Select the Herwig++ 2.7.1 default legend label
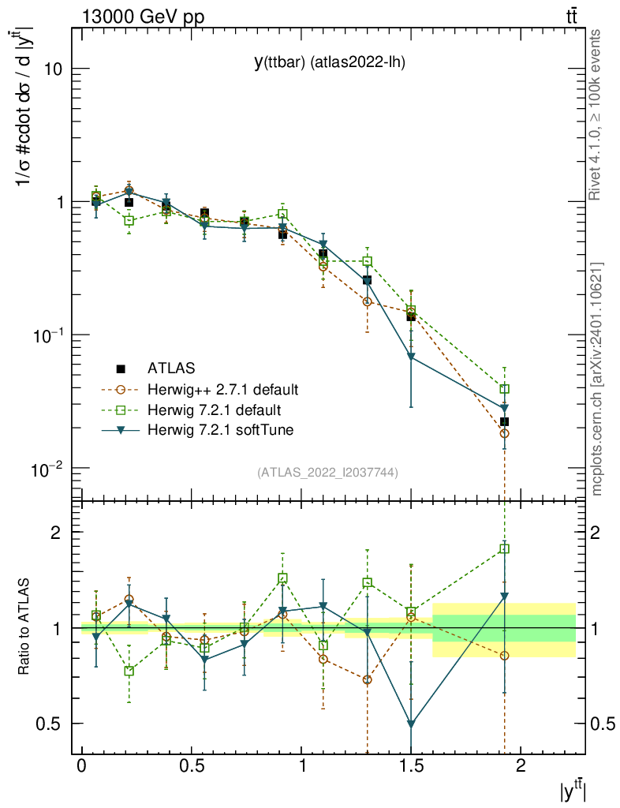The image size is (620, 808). pos(222,389)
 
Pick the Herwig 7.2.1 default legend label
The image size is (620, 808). pos(213,410)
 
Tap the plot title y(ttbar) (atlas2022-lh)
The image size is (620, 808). pos(329,63)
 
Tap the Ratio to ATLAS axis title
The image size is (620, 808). pos(24,627)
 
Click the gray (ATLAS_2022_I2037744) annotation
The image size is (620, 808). pos(327,473)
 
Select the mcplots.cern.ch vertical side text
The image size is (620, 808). pos(597,379)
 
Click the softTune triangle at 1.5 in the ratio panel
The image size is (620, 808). pos(411,724)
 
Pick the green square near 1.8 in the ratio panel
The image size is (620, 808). pos(504,548)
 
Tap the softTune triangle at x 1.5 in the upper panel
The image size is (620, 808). pos(411,357)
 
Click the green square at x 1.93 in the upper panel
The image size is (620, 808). pos(504,389)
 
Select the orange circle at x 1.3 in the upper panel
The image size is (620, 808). pos(367,301)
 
